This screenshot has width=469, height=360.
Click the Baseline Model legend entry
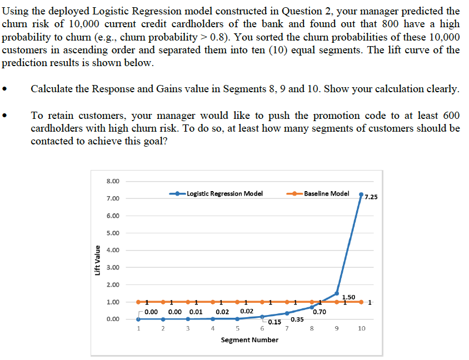(326, 194)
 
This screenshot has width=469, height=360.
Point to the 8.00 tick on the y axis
(112, 181)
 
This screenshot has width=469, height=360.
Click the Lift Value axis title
(98, 260)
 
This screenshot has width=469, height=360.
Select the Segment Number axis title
(250, 339)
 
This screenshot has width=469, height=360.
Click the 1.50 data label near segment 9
(349, 298)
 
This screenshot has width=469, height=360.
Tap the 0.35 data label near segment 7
(297, 319)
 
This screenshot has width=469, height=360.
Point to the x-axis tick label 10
(361, 328)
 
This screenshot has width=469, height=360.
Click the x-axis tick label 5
(237, 328)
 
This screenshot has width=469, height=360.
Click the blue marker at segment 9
(337, 293)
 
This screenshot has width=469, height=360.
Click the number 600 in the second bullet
(451, 116)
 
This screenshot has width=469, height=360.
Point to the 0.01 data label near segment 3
(196, 312)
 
